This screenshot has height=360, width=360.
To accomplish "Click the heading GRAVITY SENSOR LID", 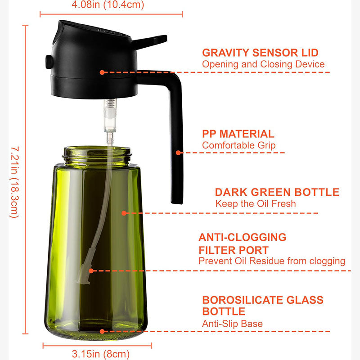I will coord(260,53).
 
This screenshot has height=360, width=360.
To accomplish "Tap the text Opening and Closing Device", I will coord(263,64).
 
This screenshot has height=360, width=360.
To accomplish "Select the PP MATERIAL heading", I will coord(238,134).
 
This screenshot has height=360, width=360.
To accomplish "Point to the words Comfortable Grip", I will coord(238,145).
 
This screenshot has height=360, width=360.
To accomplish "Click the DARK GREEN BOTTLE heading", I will coord(277,192).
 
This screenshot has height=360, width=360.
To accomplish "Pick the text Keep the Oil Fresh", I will coord(256,203).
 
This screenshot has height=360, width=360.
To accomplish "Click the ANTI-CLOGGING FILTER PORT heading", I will coord(243,243).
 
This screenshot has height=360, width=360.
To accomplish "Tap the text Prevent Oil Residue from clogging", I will coord(272,261).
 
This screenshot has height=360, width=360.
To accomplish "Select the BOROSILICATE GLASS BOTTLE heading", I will coord(263,306).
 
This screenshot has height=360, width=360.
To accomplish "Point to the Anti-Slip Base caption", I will coord(232,324).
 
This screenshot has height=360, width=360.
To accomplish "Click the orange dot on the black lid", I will coord(102,72).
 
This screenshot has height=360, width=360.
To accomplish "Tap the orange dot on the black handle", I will coord(178,153).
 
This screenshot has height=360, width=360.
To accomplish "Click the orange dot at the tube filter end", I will coord(91,271).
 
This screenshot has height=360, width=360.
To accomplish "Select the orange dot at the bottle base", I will coord(102,331).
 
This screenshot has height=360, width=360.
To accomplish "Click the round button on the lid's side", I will coord(49,62).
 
